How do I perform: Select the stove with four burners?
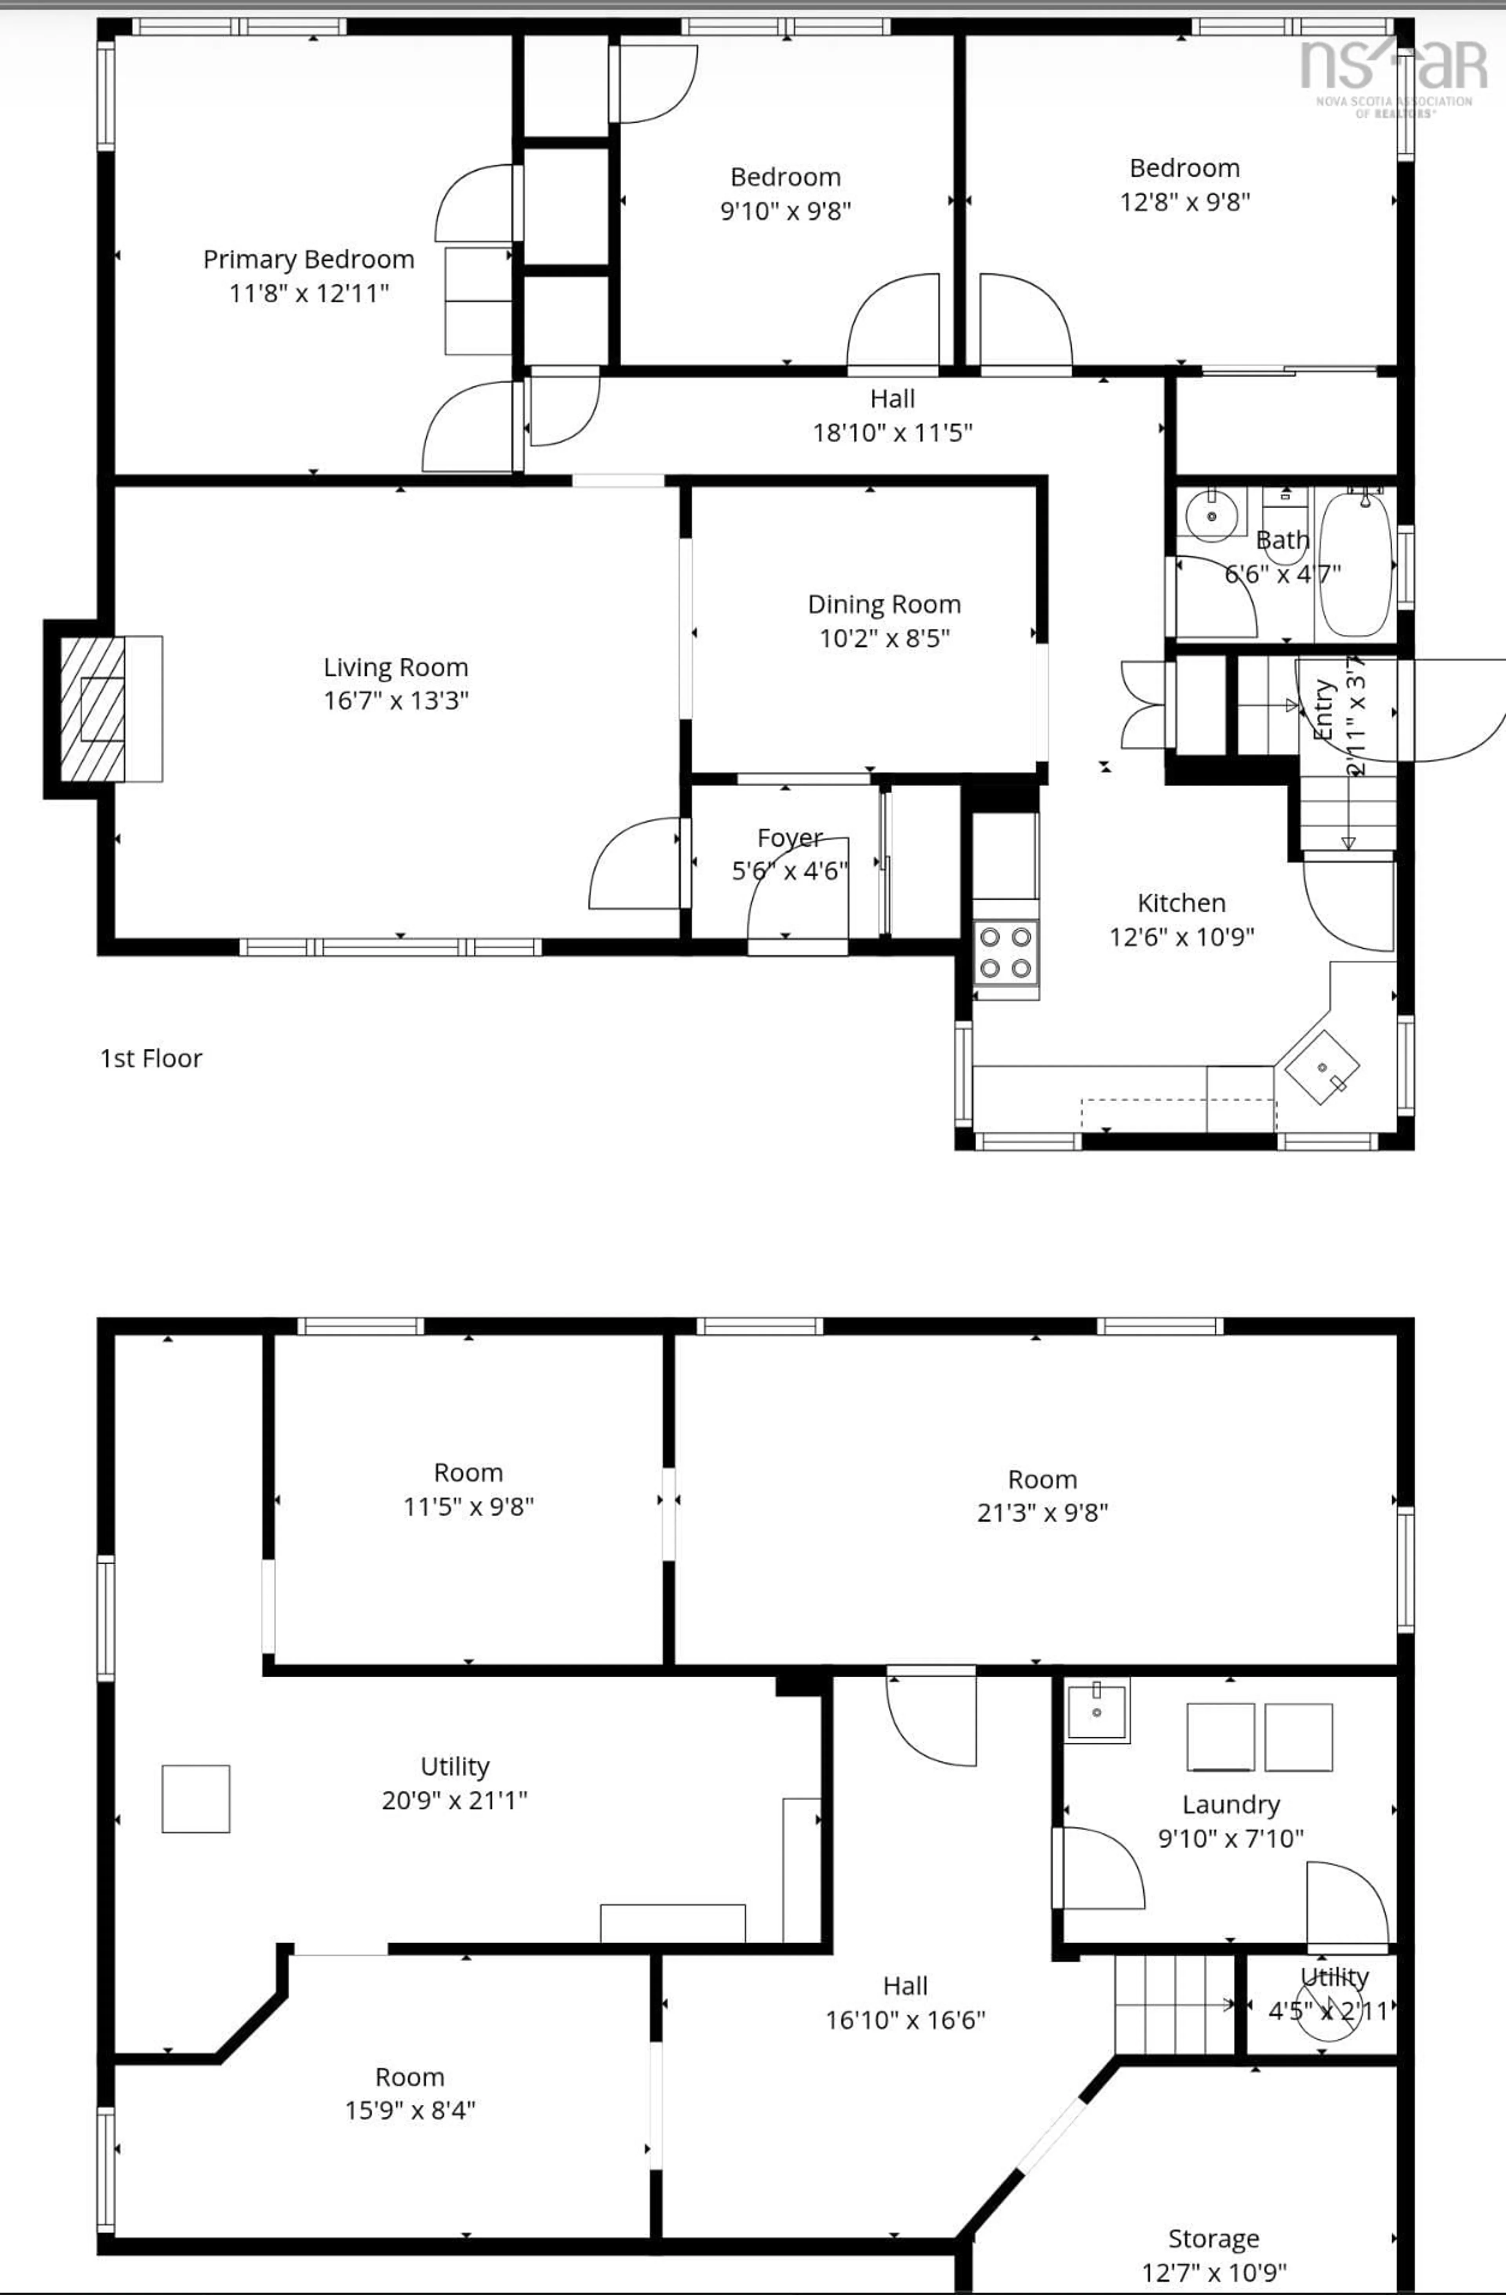click(1006, 952)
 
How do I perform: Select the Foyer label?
click(789, 838)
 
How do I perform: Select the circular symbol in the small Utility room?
click(1328, 2011)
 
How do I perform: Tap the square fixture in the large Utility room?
click(196, 1799)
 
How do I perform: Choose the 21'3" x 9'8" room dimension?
click(1042, 1513)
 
